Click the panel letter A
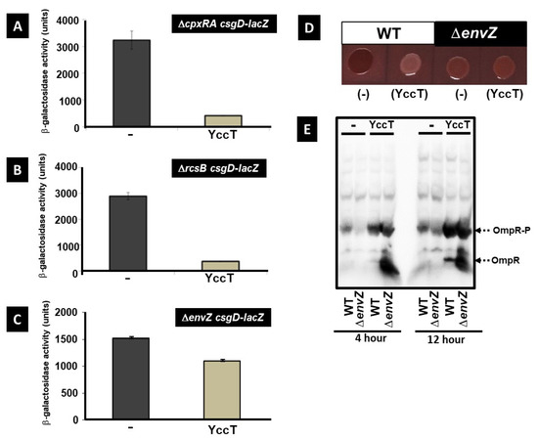(18, 26)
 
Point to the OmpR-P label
(505, 230)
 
